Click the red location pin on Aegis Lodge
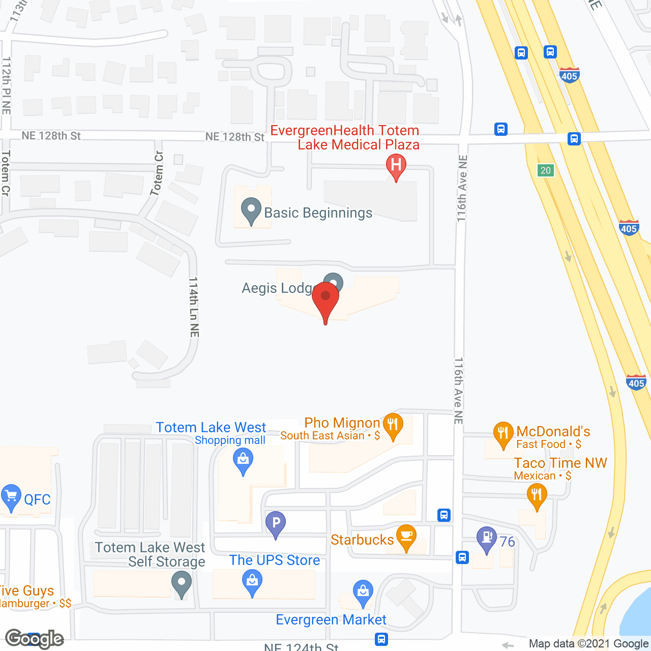pyautogui.click(x=325, y=298)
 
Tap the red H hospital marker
pyautogui.click(x=396, y=165)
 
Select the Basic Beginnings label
pyautogui.click(x=318, y=213)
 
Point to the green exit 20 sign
pyautogui.click(x=546, y=170)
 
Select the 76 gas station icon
pyautogui.click(x=487, y=538)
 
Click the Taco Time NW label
pyautogui.click(x=560, y=463)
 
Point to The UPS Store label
pyautogui.click(x=275, y=560)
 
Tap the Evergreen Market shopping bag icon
pyautogui.click(x=363, y=592)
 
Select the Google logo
pyautogui.click(x=34, y=639)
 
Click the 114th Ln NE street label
pyautogui.click(x=194, y=307)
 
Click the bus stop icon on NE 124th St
pyautogui.click(x=381, y=639)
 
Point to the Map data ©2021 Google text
pyautogui.click(x=588, y=643)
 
